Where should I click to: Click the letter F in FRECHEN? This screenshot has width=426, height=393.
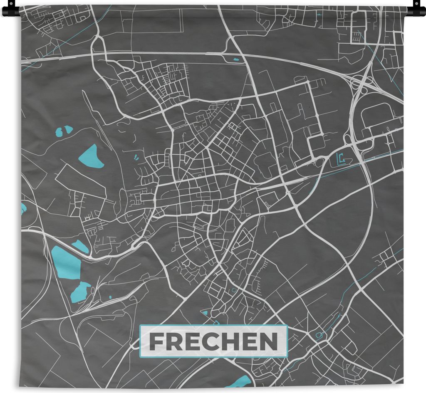pyautogui.click(x=156, y=342)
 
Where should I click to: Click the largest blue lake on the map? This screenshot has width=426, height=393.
pyautogui.click(x=65, y=262)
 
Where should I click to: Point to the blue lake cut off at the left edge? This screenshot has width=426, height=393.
pyautogui.click(x=23, y=208)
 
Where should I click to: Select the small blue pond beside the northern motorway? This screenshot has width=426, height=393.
pyautogui.click(x=236, y=59)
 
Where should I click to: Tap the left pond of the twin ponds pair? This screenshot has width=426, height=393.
pyautogui.click(x=59, y=132)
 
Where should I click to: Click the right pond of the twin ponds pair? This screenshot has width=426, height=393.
pyautogui.click(x=68, y=129)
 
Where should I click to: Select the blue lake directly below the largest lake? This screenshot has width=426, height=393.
pyautogui.click(x=80, y=292)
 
